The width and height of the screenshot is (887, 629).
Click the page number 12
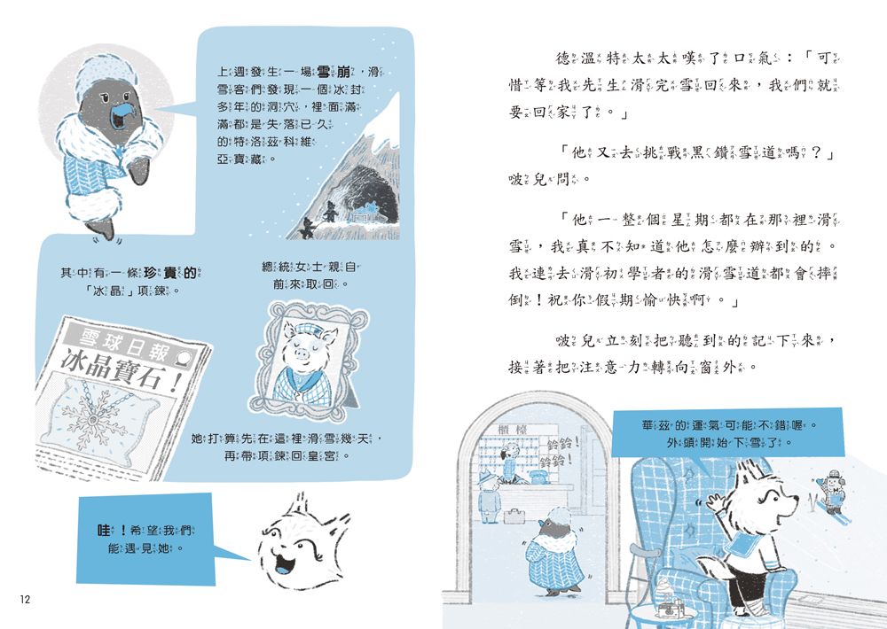25,600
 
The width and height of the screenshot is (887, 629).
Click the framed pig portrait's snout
302,354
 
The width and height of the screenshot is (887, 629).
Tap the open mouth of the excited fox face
281,563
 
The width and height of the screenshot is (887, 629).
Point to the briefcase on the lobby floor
514,516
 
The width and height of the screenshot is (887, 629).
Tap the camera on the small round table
671,609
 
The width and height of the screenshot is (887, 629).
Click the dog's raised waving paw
715,501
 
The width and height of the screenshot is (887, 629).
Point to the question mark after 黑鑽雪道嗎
815,152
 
